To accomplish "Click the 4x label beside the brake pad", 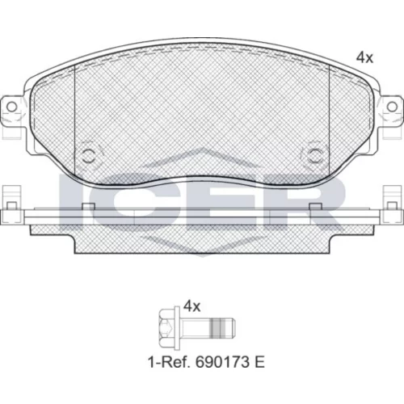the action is click(364, 58).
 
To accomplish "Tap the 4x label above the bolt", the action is click(192, 306).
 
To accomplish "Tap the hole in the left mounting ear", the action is click(11, 107).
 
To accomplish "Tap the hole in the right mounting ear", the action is click(392, 107).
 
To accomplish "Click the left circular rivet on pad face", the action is click(88, 156).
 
